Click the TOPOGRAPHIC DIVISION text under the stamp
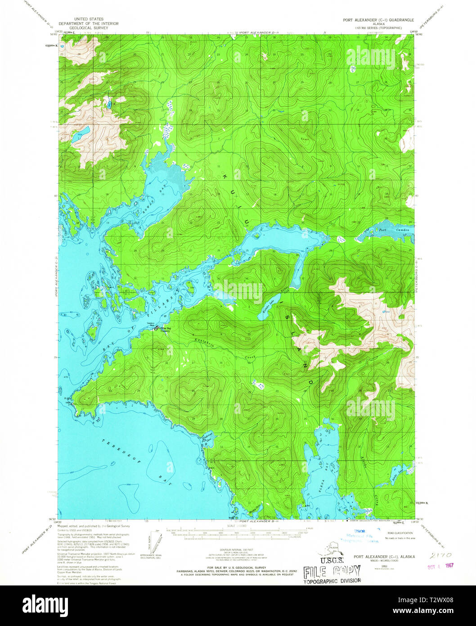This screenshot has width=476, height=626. point(332,581)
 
